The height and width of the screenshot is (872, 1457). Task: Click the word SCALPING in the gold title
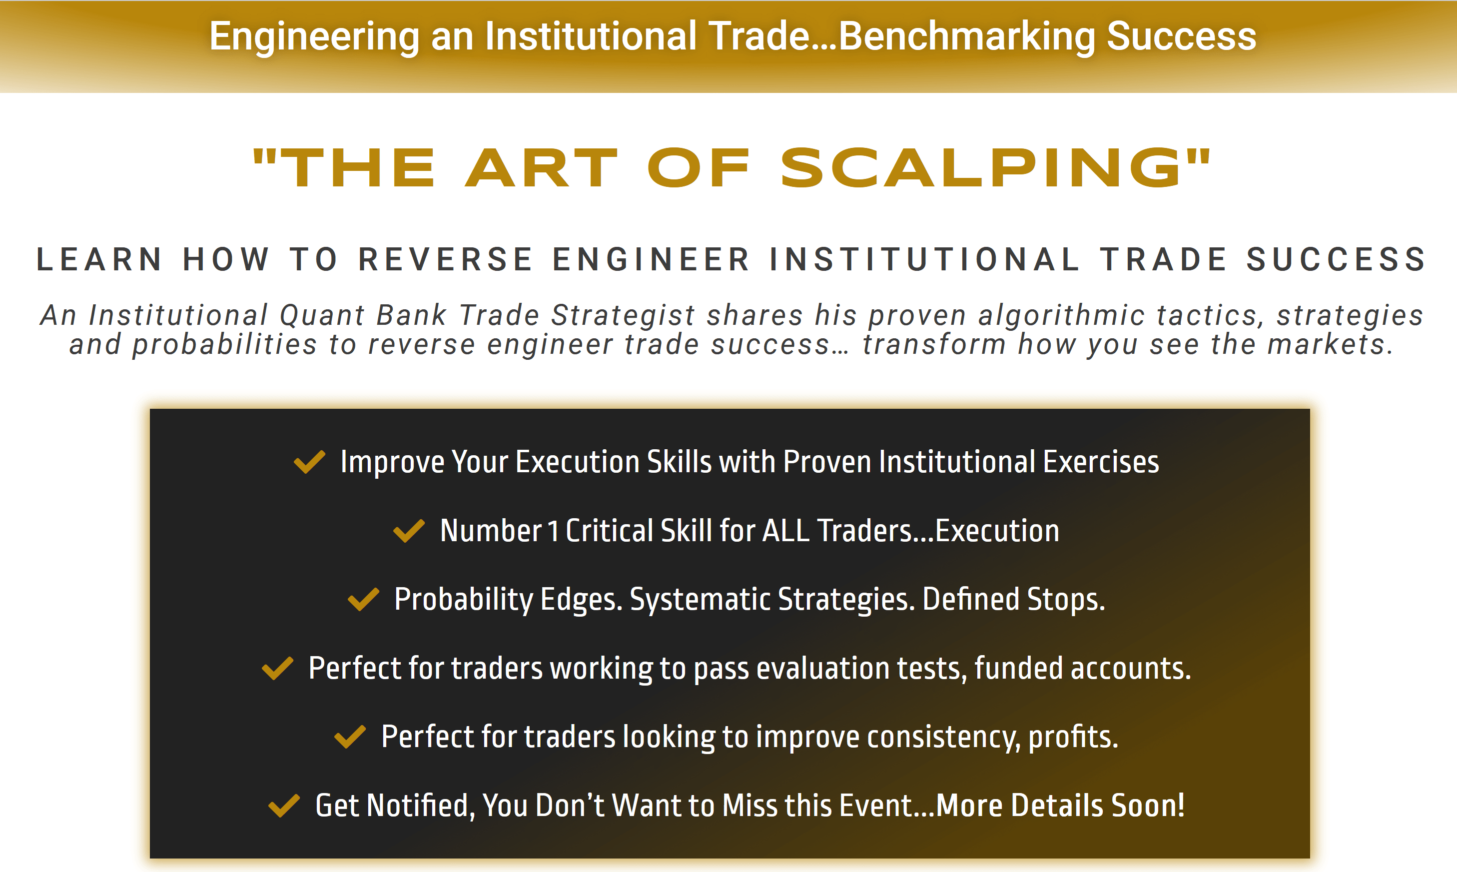pos(980,168)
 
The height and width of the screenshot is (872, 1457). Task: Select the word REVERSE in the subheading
pos(445,260)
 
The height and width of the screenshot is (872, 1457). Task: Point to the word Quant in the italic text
pos(322,315)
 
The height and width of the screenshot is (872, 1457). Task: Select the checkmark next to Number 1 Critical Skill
pos(409,531)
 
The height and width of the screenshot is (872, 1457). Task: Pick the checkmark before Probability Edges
pos(364,599)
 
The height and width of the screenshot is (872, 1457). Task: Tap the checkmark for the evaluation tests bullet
pos(277,668)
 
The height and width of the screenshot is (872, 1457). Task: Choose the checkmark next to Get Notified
pos(284,806)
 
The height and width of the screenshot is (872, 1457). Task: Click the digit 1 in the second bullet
pos(552,531)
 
